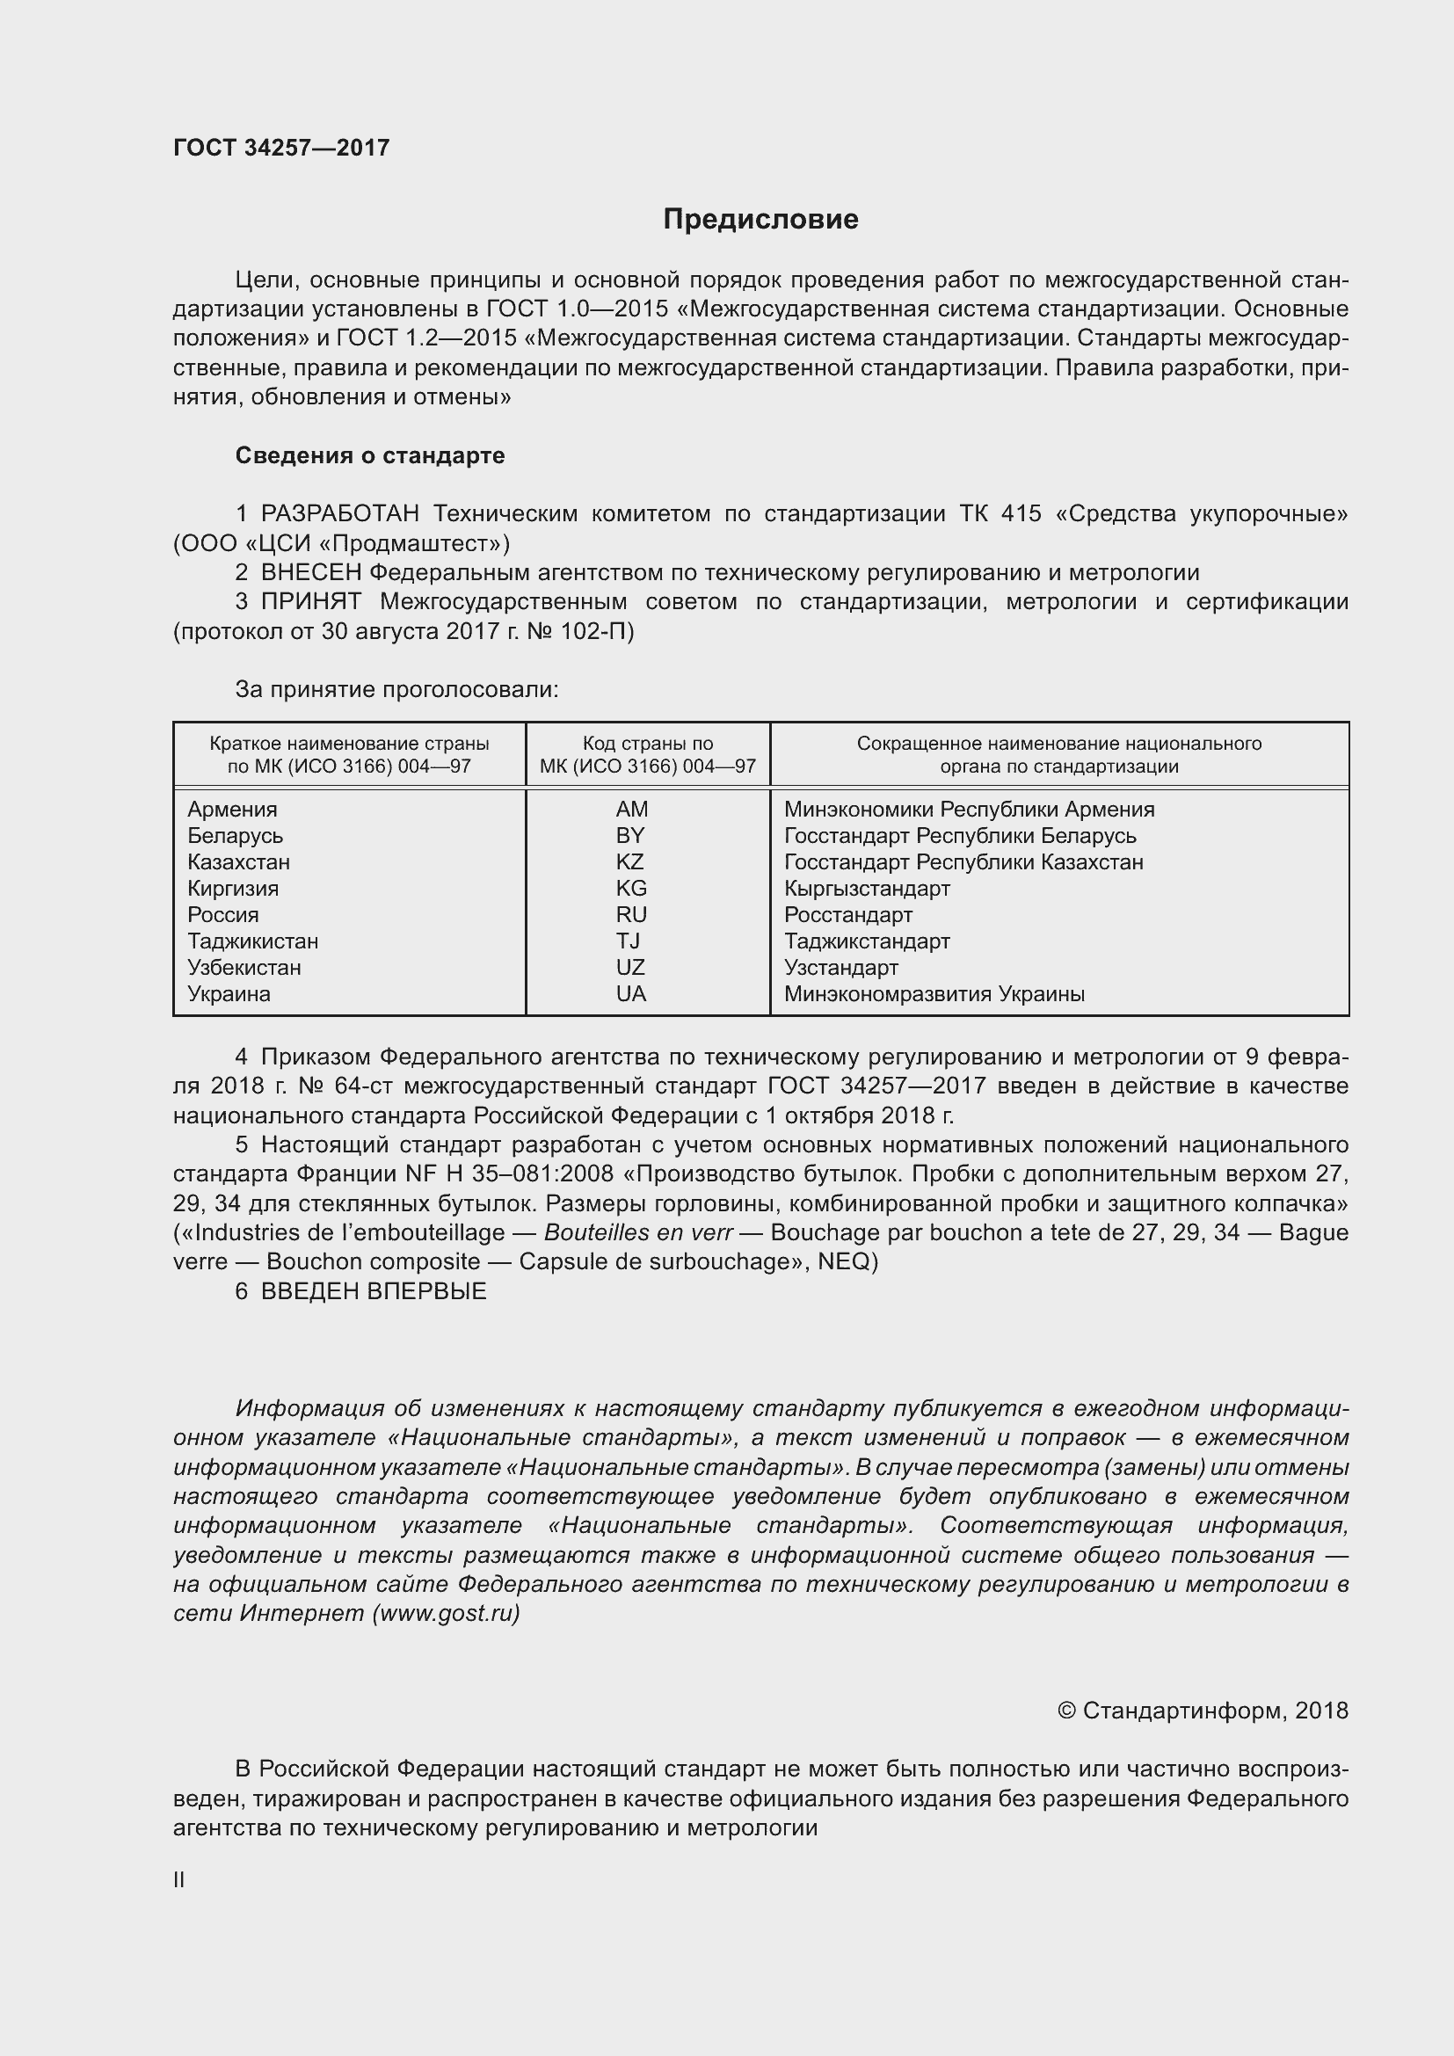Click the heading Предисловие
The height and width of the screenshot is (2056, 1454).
pos(760,220)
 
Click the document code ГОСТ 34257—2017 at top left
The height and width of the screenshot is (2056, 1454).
pos(281,148)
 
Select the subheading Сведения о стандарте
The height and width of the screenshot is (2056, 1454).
pos(370,456)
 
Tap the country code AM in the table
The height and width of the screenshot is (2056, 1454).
pos(631,810)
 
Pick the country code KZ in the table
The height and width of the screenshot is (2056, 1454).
pos(630,862)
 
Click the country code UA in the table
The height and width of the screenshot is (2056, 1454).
pos(630,994)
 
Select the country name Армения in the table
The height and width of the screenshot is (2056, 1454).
pos(233,810)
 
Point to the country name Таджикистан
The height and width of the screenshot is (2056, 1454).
pos(253,941)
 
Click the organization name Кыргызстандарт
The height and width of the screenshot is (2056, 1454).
pos(867,890)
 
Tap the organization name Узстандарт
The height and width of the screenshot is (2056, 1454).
pos(840,968)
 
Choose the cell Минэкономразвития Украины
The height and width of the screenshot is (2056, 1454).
pos(934,994)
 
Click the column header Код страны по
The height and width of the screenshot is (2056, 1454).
pos(647,745)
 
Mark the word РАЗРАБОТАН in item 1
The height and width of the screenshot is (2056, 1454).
pos(340,514)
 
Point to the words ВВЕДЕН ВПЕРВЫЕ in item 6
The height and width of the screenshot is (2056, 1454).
pos(374,1291)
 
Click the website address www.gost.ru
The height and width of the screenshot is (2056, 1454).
pos(446,1614)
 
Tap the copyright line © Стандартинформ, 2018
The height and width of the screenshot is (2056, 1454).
pos(1203,1711)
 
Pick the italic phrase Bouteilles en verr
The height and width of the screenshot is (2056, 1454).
pos(638,1233)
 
